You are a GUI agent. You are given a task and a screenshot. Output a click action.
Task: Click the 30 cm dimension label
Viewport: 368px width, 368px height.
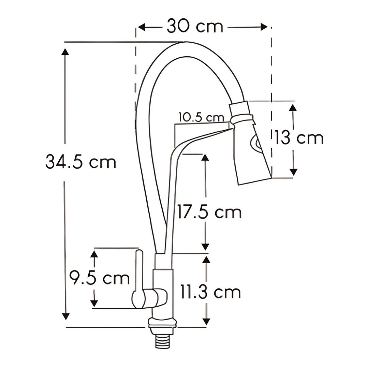tap(195, 26)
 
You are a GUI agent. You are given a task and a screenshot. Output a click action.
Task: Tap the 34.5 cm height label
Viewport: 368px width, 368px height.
tap(81, 161)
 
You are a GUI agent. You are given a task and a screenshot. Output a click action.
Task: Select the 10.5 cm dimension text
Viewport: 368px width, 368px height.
tap(201, 117)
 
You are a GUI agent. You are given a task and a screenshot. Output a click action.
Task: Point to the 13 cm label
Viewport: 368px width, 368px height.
tap(299, 138)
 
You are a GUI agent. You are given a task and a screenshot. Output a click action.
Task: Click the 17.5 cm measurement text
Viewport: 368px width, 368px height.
tap(209, 212)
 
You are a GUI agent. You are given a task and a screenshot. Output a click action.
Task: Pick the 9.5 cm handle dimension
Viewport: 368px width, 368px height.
tap(100, 278)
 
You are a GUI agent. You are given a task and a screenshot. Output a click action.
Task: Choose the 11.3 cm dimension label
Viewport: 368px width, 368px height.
tap(210, 292)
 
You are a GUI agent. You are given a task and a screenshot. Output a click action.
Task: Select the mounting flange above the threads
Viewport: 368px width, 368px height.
tap(162, 323)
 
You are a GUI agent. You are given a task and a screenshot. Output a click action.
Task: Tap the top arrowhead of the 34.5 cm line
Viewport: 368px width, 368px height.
tap(65, 52)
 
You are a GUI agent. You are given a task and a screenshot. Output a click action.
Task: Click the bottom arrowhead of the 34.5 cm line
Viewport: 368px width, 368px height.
tap(65, 316)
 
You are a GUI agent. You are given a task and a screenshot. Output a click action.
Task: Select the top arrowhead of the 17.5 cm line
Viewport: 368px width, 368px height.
tap(205, 158)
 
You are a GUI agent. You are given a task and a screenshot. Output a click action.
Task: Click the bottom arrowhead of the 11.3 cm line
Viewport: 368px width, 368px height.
tap(206, 321)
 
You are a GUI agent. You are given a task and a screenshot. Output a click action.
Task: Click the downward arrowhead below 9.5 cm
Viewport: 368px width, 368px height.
tap(94, 303)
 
